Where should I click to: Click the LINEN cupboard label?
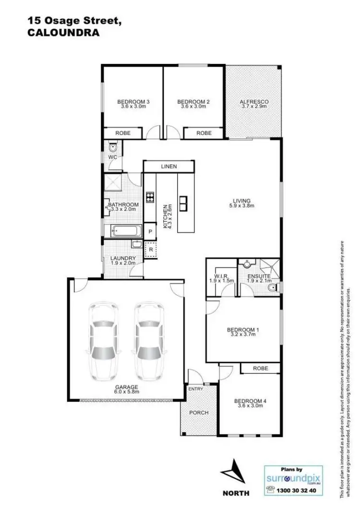tap(169, 167)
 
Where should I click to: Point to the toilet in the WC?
tap(113, 147)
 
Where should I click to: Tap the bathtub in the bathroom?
tap(123, 231)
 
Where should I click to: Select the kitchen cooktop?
tap(149, 196)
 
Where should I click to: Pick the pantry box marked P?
tap(150, 231)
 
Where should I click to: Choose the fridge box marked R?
tap(150, 250)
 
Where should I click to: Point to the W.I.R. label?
tap(221, 278)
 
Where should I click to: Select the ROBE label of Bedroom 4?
tap(261, 368)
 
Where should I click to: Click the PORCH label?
tap(199, 412)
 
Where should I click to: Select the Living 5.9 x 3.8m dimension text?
tap(241, 206)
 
